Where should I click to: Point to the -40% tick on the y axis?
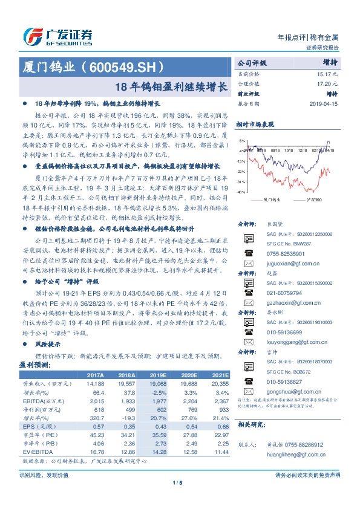coord(241,192)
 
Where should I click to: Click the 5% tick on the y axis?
coord(242,140)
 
